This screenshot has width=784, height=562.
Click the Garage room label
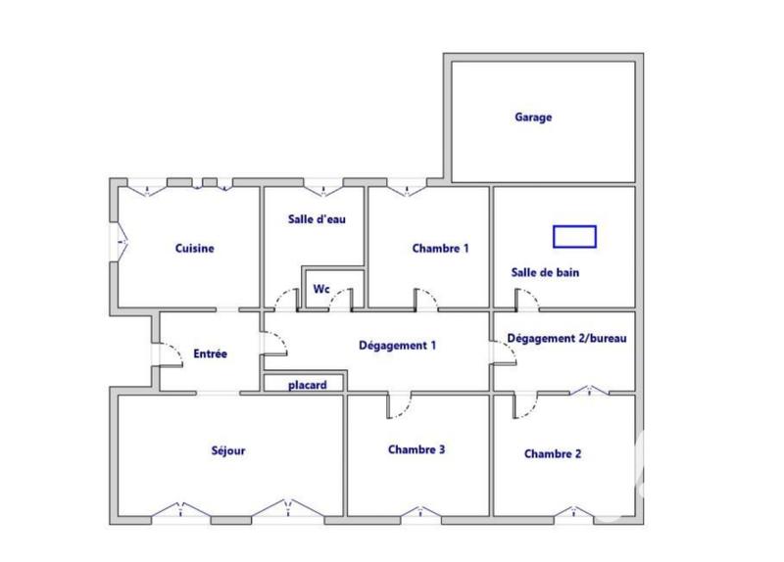(533, 117)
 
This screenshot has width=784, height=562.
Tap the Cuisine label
(194, 249)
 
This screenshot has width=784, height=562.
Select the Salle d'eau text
(316, 219)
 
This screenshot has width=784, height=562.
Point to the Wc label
(320, 290)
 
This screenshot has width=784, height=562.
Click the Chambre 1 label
(440, 249)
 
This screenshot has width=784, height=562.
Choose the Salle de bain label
(545, 273)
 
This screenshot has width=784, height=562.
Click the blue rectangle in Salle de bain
(574, 236)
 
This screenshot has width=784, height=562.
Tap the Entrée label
(211, 353)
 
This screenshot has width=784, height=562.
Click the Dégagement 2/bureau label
(566, 339)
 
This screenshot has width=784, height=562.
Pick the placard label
(307, 385)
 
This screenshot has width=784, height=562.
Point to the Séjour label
(227, 451)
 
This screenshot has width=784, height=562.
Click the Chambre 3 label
(416, 450)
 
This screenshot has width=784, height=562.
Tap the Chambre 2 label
(553, 454)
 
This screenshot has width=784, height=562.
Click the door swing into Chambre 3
(401, 403)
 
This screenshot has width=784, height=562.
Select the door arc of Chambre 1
(426, 299)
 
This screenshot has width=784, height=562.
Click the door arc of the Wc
(339, 300)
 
